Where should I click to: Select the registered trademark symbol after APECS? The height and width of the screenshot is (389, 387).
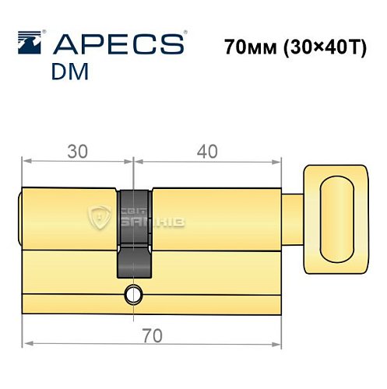click(184, 33)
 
